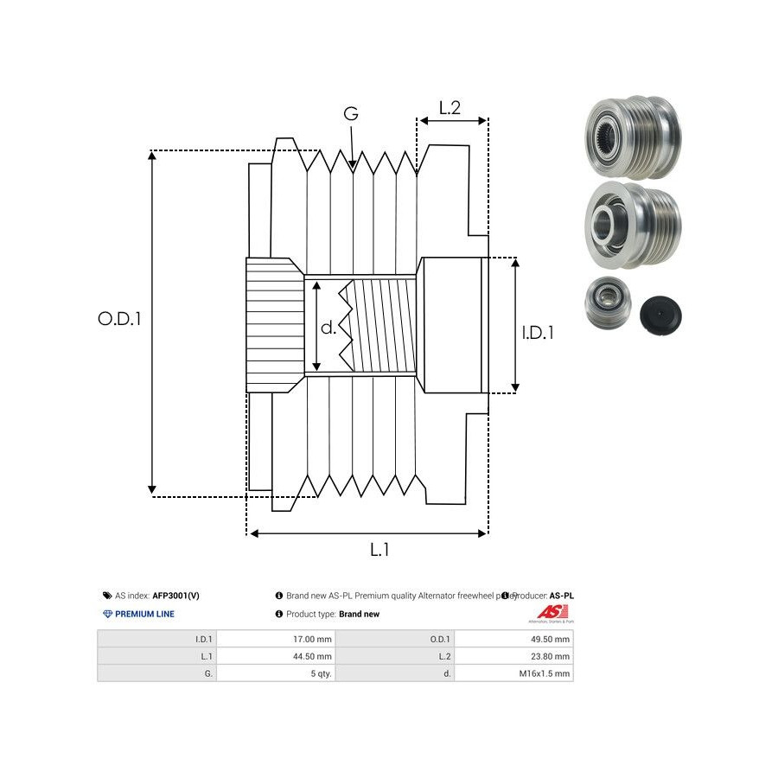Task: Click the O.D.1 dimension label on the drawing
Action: (x=119, y=318)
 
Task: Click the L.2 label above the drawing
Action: (x=450, y=108)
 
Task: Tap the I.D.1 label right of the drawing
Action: (x=539, y=332)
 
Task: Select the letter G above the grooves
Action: (x=350, y=114)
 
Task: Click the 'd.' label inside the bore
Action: (x=328, y=328)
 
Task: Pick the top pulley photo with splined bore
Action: (x=631, y=136)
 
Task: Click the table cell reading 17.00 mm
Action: (x=314, y=640)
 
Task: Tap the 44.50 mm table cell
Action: (x=314, y=657)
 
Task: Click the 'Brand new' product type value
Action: (x=359, y=614)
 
